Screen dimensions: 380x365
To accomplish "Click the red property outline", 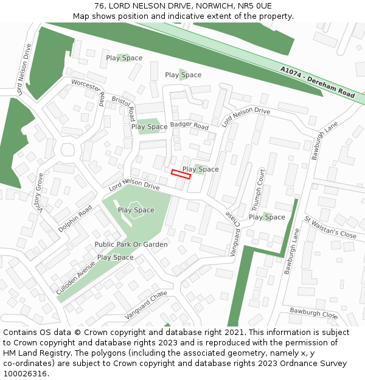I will pyautogui.click(x=181, y=174).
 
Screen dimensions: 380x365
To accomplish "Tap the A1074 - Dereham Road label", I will pyautogui.click(x=318, y=83).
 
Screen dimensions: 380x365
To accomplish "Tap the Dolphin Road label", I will pyautogui.click(x=75, y=218).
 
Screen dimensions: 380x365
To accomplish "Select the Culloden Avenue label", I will pyautogui.click(x=75, y=278).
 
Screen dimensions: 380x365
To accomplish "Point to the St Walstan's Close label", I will pyautogui.click(x=330, y=227).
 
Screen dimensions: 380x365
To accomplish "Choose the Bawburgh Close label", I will pyautogui.click(x=313, y=313).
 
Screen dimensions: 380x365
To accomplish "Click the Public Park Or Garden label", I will pyautogui.click(x=131, y=244).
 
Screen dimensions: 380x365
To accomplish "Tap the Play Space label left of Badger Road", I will pyautogui.click(x=149, y=127).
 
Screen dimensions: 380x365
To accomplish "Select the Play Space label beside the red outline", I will pyautogui.click(x=201, y=169).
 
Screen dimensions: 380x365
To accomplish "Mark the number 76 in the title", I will pyautogui.click(x=99, y=6).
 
